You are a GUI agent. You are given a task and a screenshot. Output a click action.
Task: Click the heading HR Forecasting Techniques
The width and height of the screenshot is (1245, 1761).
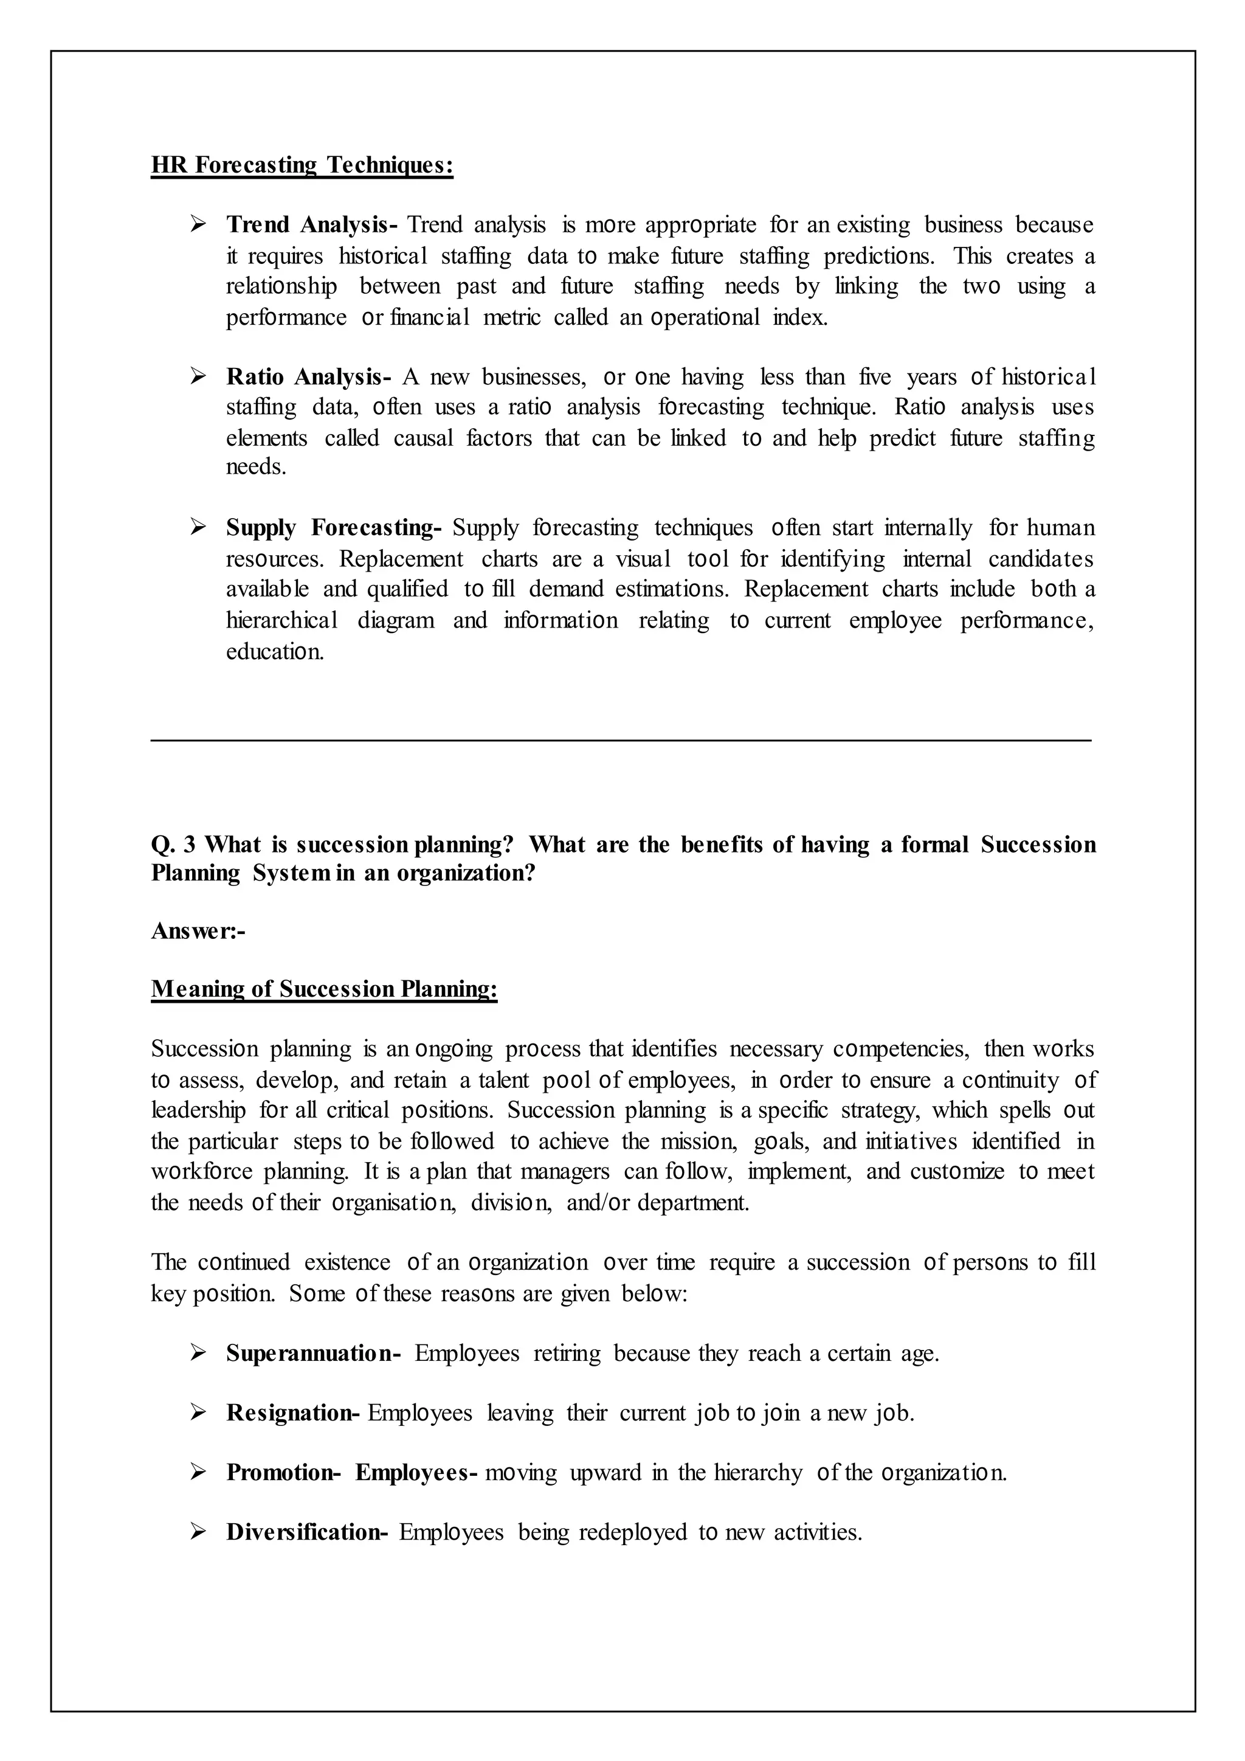[302, 165]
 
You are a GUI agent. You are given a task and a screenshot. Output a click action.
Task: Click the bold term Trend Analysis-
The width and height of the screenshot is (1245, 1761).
[311, 226]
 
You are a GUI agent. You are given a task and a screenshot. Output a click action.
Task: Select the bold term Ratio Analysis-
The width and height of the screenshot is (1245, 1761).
[308, 378]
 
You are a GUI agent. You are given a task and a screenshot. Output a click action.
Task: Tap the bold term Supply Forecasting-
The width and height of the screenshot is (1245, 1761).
[334, 528]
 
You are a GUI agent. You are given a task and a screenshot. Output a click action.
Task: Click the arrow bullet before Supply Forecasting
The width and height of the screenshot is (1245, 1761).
[199, 528]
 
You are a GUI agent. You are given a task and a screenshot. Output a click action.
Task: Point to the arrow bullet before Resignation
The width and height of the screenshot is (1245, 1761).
[199, 1412]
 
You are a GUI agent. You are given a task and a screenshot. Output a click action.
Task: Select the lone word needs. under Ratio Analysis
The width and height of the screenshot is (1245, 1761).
[256, 467]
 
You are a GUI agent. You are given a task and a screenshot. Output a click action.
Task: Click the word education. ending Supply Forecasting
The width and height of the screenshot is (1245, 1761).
[274, 652]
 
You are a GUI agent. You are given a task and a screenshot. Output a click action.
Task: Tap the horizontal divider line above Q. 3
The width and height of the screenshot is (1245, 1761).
[621, 740]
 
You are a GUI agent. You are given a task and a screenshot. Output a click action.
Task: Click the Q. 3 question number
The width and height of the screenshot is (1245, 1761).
[173, 845]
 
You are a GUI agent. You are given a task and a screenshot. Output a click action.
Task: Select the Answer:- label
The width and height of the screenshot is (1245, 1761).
[198, 931]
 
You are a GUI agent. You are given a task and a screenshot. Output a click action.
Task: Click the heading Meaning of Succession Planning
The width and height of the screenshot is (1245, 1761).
[324, 989]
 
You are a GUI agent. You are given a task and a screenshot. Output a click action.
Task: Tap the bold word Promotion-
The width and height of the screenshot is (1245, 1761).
[283, 1473]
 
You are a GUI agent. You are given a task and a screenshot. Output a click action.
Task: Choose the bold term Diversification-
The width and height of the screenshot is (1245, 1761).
[306, 1532]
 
